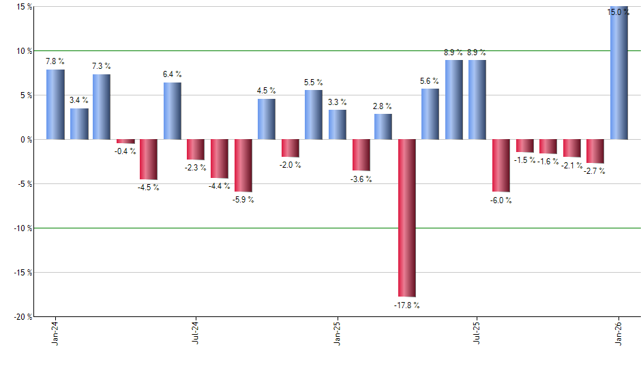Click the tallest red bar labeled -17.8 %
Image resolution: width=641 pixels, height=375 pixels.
[x=407, y=217]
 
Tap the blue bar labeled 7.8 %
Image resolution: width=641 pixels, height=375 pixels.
[x=55, y=104]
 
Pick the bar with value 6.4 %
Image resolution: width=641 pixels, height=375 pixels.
[x=172, y=110]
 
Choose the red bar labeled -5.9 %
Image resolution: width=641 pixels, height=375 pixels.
[x=243, y=166]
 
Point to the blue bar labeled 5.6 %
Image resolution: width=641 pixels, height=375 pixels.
[x=430, y=114]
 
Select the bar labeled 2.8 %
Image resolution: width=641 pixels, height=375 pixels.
[x=383, y=126]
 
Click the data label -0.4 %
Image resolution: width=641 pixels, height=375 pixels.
[x=125, y=151]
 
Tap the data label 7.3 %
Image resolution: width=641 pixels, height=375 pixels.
[x=102, y=66]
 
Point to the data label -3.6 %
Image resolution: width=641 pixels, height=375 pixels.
[x=361, y=179]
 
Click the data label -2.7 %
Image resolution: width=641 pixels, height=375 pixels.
[x=595, y=171]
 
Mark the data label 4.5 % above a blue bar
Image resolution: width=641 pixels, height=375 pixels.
[x=266, y=91]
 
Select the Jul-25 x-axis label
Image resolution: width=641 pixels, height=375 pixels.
[x=477, y=333]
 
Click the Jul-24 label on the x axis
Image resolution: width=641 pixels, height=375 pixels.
[x=196, y=333]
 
